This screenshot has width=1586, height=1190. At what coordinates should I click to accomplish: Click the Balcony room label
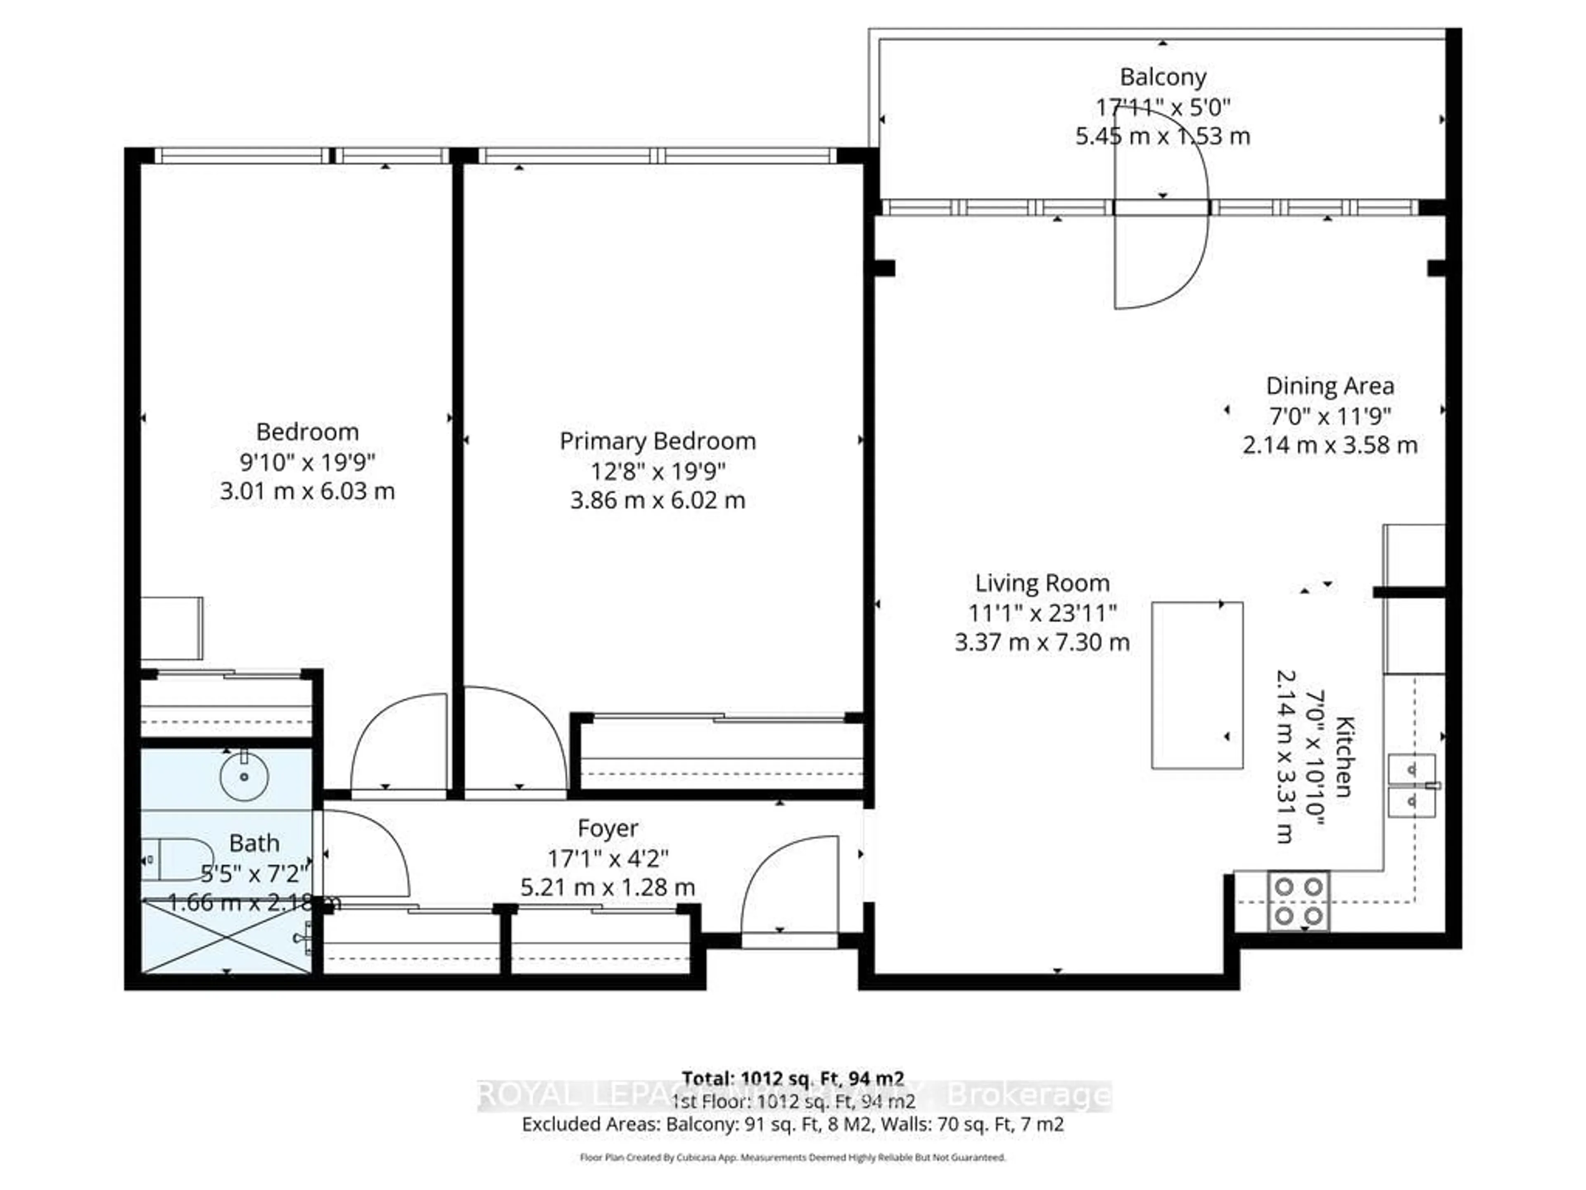tap(1162, 77)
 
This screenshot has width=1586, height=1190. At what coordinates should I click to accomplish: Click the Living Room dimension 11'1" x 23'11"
tap(1042, 613)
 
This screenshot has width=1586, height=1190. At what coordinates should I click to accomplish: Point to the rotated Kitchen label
tap(1344, 756)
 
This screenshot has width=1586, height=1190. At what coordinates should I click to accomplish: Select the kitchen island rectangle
tap(1197, 685)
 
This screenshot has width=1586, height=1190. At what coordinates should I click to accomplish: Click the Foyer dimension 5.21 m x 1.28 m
tap(607, 887)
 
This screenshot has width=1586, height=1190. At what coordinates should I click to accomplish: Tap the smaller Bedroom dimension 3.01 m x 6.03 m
tap(307, 491)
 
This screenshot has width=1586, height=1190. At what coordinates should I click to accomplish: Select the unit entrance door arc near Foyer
tap(789, 890)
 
